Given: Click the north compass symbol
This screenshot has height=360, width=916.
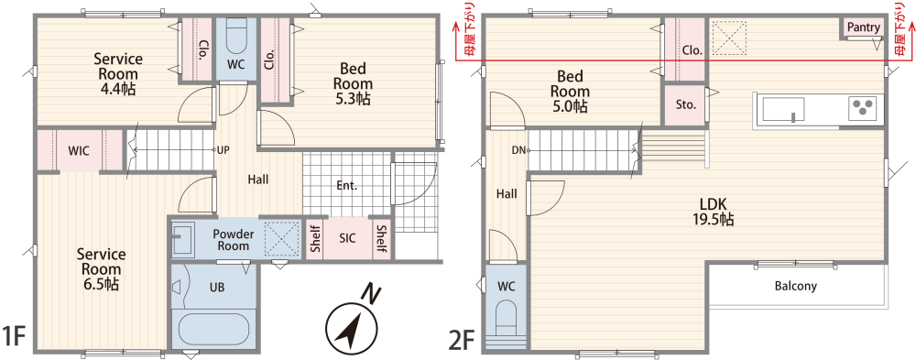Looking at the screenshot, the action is pyautogui.click(x=349, y=325).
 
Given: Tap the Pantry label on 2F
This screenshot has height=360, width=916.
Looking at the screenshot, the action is pyautogui.click(x=863, y=27).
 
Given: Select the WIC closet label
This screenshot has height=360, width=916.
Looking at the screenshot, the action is pyautogui.click(x=79, y=151).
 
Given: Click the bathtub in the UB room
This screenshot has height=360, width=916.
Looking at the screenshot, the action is pyautogui.click(x=213, y=330).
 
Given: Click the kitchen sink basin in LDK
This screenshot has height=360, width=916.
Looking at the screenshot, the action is pyautogui.click(x=783, y=109).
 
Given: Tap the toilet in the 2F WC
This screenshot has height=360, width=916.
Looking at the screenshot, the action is pyautogui.click(x=506, y=321).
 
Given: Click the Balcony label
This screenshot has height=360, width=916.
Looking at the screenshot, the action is pyautogui.click(x=796, y=287).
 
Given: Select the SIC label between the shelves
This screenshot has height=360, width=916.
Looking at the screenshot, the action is pyautogui.click(x=348, y=238).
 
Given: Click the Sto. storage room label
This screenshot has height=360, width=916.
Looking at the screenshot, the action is pyautogui.click(x=686, y=105).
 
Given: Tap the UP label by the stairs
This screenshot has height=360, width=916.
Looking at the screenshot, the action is pyautogui.click(x=223, y=149).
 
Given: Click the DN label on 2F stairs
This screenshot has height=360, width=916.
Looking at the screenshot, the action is pyautogui.click(x=518, y=150).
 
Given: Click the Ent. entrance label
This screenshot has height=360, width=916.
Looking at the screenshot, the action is pyautogui.click(x=347, y=187).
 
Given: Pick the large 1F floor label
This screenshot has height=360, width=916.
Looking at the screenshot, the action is pyautogui.click(x=14, y=336).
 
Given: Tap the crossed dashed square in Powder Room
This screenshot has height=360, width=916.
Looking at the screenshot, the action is pyautogui.click(x=281, y=238).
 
